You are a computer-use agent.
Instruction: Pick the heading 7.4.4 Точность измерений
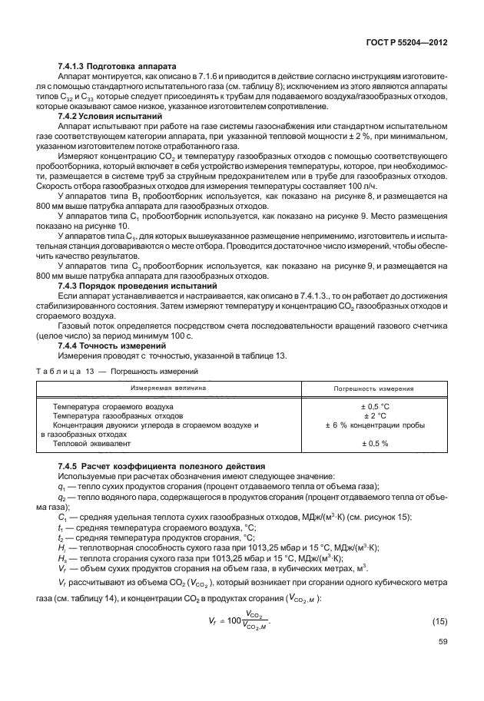(x=111, y=344)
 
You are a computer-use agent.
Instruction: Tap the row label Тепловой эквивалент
(x=90, y=444)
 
